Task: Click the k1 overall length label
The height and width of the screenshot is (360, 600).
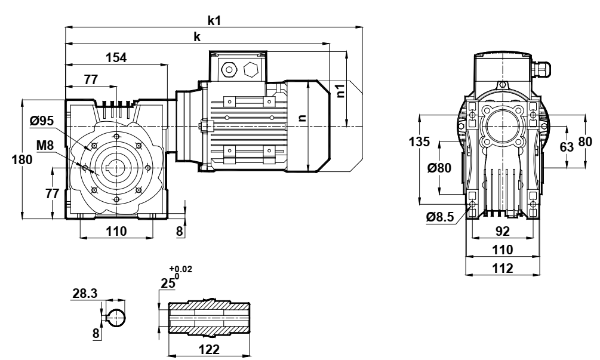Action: point(214,21)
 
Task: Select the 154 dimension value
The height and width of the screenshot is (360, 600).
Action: point(116,57)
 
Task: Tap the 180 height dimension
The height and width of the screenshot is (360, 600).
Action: point(22,159)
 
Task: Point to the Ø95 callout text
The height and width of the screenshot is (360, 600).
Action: point(42,121)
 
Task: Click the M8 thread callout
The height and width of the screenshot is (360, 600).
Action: point(45,146)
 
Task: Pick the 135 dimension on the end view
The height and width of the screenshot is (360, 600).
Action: point(419,141)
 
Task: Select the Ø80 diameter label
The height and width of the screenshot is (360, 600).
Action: point(439,168)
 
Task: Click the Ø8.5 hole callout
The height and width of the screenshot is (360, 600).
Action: point(440,217)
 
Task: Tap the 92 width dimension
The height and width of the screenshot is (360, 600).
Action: point(503,231)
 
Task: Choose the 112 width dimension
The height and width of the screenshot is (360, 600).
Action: point(503,268)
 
